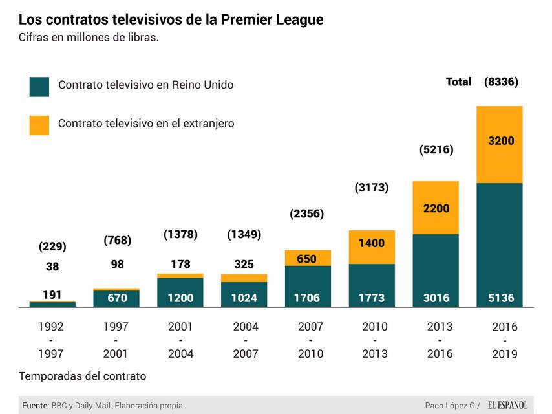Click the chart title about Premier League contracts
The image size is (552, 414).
171,19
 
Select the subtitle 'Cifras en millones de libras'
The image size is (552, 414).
89,38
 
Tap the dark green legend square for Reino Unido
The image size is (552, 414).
39,86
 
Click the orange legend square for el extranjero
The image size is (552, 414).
39,125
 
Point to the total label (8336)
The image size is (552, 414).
501,82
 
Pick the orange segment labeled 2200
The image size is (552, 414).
436,208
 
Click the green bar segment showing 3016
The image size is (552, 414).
436,270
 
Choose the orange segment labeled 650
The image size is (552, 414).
308,258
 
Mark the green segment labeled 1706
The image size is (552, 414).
308,286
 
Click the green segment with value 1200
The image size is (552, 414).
180,292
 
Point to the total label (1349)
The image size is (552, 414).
244,234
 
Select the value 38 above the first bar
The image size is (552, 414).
52,266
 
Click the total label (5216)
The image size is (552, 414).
436,149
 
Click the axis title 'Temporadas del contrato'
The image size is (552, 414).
82,376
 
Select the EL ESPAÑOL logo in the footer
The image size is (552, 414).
507,406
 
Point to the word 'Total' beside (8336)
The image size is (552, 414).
458,82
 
